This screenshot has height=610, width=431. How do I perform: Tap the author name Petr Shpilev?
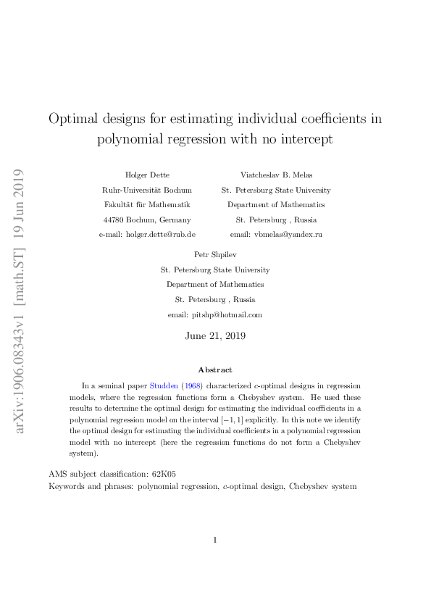[x=215, y=254]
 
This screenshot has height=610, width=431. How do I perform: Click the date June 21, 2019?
[x=215, y=336]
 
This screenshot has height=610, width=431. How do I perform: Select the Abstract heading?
[x=215, y=369]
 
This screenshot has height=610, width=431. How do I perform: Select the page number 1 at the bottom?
[x=215, y=540]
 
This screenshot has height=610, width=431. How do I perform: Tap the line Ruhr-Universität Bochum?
[x=148, y=190]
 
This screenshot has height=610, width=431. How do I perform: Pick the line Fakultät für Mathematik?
[x=148, y=205]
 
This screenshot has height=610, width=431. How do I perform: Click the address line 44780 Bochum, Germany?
[x=148, y=220]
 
